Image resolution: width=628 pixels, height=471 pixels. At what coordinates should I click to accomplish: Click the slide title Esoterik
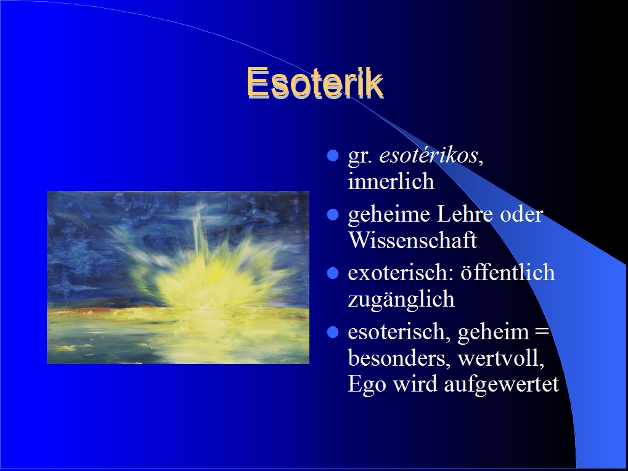[x=315, y=83]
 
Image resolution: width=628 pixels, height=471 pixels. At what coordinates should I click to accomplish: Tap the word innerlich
[x=391, y=181]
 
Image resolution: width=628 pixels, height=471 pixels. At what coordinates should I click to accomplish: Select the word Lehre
[x=465, y=214]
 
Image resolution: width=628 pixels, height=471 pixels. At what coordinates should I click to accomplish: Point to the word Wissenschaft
[x=412, y=240]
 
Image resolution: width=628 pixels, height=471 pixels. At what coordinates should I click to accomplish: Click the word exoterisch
[x=401, y=273]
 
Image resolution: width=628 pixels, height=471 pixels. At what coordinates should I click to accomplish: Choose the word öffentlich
[x=508, y=273]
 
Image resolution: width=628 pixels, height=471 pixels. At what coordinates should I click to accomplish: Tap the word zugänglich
[x=401, y=300]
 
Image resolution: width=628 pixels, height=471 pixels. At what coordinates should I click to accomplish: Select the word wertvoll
[x=501, y=358]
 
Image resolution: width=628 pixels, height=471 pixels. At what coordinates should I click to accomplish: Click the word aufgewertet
[x=502, y=385]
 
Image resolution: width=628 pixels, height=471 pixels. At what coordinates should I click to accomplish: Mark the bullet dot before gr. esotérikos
[x=333, y=156]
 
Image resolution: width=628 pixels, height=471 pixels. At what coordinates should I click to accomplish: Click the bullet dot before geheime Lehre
[x=333, y=215]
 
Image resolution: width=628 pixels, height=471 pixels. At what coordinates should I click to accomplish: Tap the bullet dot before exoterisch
[x=333, y=273]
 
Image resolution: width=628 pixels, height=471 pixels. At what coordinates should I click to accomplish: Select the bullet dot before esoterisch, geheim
[x=333, y=332]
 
